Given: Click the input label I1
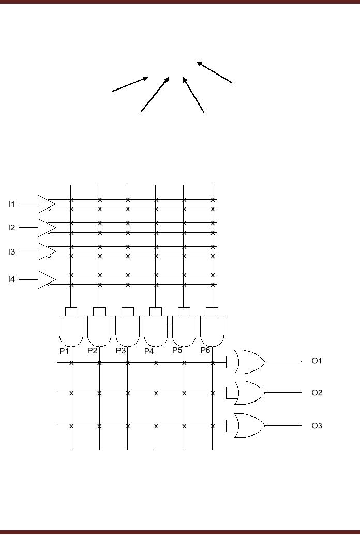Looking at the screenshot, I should [x=11, y=204].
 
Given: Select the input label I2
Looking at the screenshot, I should [x=11, y=228].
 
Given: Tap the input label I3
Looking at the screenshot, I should [x=11, y=251].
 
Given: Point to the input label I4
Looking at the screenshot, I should [x=11, y=280].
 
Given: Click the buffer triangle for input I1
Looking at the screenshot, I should [x=46, y=204].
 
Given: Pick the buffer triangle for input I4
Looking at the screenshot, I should [x=46, y=280].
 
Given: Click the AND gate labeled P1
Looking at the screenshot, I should [x=71, y=330].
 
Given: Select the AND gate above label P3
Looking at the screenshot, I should [x=127, y=330].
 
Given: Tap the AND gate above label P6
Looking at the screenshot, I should [x=212, y=330].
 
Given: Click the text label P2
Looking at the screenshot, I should [x=92, y=350].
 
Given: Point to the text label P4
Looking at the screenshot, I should [x=149, y=351].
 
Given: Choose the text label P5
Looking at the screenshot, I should [x=177, y=350].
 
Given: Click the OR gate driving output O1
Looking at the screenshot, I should [x=249, y=361].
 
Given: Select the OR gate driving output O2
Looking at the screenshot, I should [x=249, y=393].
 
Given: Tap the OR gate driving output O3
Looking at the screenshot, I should [x=249, y=425].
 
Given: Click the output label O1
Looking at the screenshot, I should [x=317, y=361].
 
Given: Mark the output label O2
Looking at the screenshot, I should [x=317, y=393].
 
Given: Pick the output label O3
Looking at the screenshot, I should [x=317, y=426].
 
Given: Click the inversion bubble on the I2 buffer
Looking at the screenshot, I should [x=49, y=232].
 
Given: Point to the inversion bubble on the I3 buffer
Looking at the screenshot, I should [x=49, y=256].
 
